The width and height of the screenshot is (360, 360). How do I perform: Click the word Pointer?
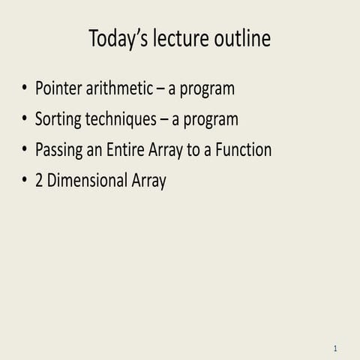click(x=58, y=88)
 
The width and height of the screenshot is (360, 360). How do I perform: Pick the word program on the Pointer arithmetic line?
click(x=205, y=90)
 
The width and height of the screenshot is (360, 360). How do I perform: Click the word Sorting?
click(x=58, y=120)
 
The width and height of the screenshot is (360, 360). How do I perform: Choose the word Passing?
click(x=59, y=151)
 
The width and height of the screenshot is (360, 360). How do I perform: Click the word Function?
click(x=243, y=150)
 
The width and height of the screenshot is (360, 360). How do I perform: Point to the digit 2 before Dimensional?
click(x=40, y=181)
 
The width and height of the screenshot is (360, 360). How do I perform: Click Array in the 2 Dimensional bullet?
click(x=147, y=181)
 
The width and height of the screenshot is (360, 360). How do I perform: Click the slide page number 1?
click(x=335, y=349)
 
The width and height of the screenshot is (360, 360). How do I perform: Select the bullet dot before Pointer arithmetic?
click(x=24, y=89)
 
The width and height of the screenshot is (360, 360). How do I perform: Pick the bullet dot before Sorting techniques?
click(x=24, y=120)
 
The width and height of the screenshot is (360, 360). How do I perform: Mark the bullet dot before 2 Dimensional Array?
click(x=24, y=181)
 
